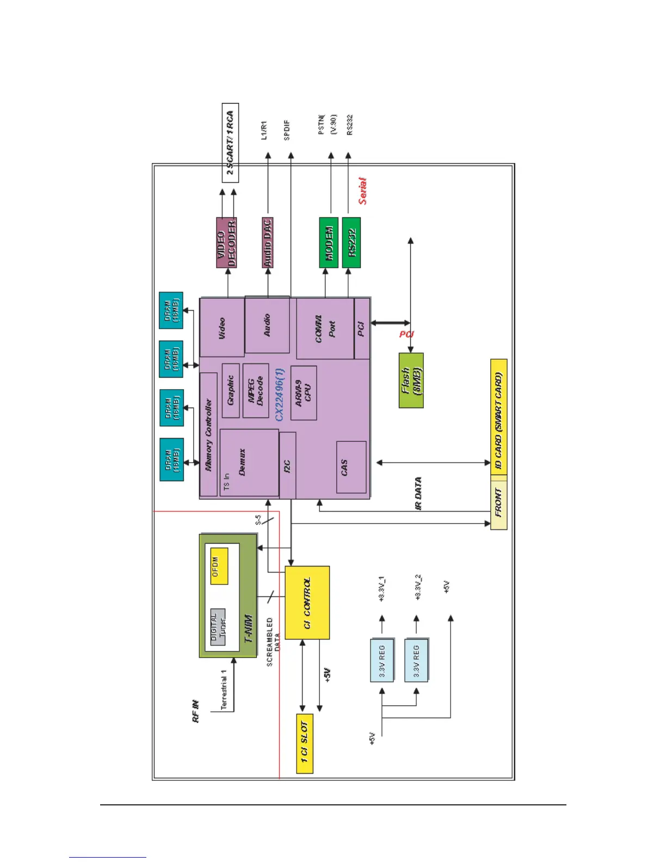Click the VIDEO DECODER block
[226, 243]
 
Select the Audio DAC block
[267, 243]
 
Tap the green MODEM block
[329, 243]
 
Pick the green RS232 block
[351, 243]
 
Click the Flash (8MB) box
[411, 380]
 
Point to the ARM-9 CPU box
[304, 393]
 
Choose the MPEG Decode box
[256, 391]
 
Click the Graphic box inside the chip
[231, 391]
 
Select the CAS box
[351, 467]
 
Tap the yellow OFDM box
[219, 566]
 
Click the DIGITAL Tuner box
[218, 627]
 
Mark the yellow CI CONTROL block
[307, 602]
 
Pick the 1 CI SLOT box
[305, 743]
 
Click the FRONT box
[498, 502]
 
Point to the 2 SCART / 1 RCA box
[230, 143]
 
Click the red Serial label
[362, 191]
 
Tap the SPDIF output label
[287, 131]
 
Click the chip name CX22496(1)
[280, 394]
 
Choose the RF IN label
[196, 711]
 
